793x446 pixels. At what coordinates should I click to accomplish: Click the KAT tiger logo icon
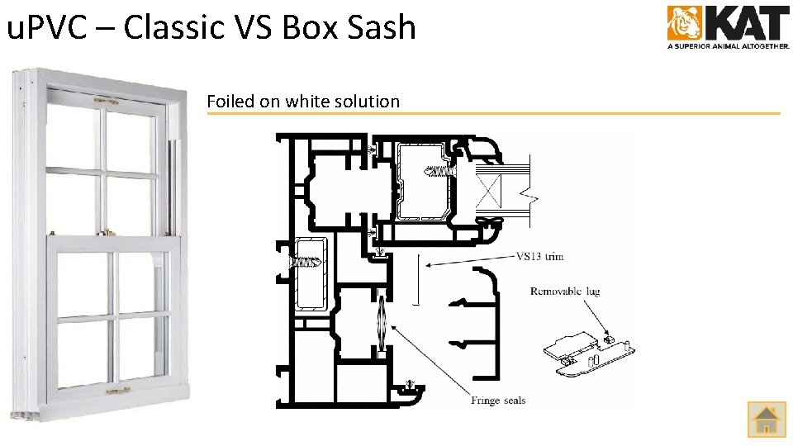click(x=685, y=23)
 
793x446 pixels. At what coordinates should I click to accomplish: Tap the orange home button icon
click(x=767, y=419)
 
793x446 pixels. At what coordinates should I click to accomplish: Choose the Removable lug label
click(x=565, y=292)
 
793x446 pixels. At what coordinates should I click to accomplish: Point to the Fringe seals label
click(x=498, y=401)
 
